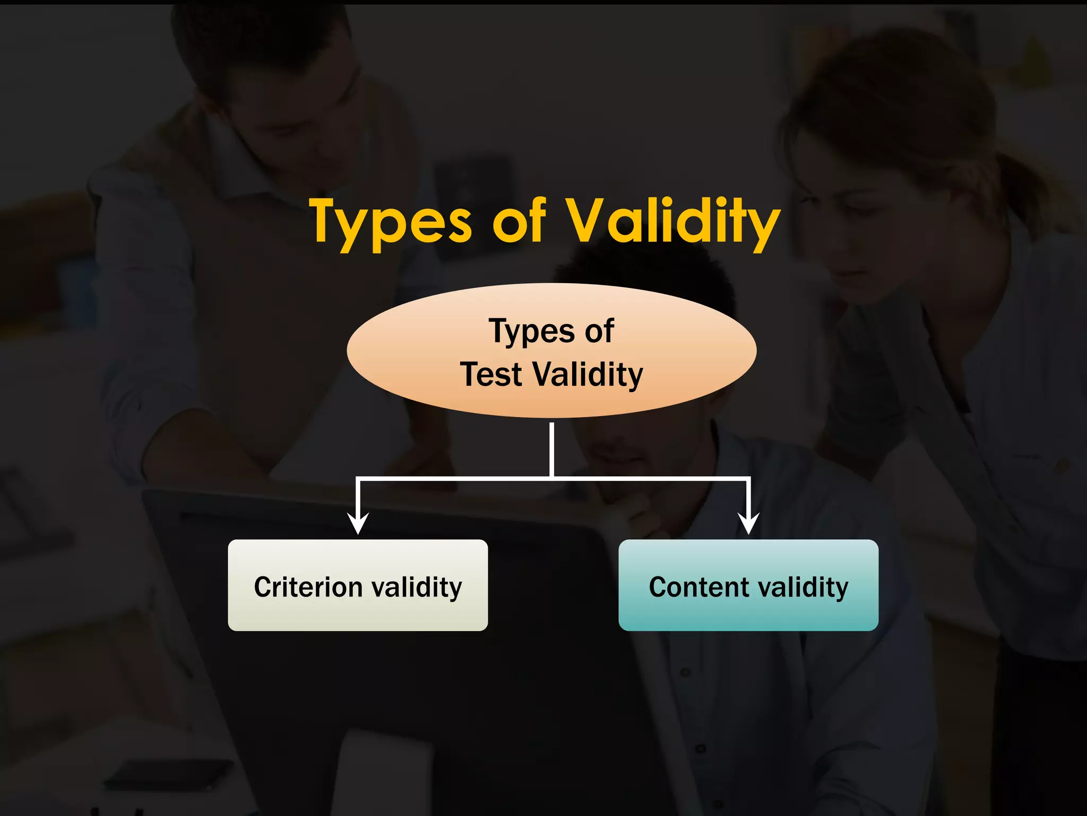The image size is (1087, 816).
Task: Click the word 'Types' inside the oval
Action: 531,332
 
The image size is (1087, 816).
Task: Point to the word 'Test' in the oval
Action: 491,374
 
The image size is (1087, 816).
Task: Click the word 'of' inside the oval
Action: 599,331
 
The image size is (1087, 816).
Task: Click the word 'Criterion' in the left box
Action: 308,587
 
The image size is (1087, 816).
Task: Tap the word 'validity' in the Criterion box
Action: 417,588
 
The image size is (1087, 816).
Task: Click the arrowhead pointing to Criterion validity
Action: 358,523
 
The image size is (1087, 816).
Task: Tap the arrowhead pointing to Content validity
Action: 748,523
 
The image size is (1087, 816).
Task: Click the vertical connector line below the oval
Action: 552,449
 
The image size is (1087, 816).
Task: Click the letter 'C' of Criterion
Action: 263,587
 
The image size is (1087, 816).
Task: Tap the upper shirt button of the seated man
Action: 685,673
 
